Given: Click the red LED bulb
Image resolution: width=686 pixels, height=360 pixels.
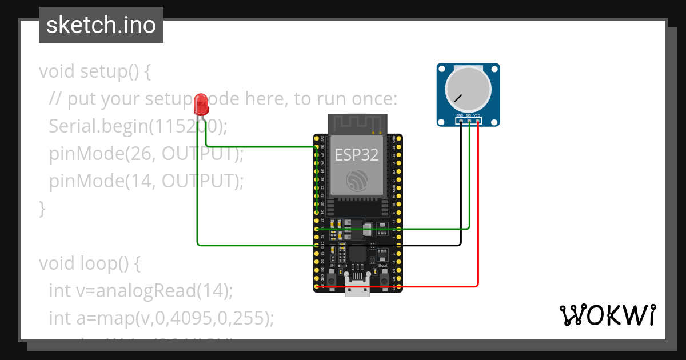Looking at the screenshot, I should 201,103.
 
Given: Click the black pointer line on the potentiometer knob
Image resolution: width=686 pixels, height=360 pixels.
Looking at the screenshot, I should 458,98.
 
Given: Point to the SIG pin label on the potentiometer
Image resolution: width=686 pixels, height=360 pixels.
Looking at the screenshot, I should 469,115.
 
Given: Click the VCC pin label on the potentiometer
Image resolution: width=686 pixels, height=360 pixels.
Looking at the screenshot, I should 477,115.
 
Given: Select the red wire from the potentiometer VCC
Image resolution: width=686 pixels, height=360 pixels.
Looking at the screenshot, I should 477,229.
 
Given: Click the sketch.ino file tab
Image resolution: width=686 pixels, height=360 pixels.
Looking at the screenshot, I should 101,25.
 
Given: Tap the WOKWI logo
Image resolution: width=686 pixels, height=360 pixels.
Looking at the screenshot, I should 607,315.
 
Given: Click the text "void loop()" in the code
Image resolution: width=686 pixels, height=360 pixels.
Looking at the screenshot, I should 89,263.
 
